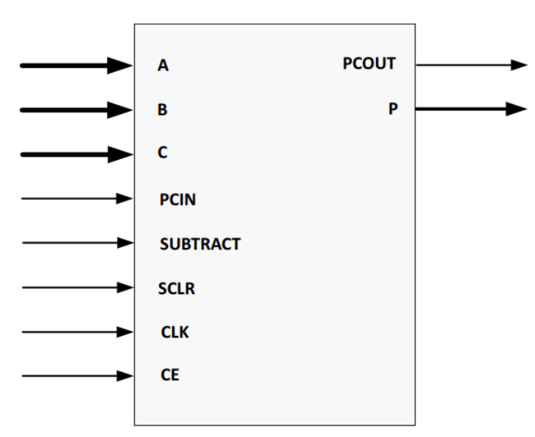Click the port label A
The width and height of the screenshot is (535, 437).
point(163,66)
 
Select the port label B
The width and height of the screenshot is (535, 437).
point(163,110)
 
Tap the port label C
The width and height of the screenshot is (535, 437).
point(163,154)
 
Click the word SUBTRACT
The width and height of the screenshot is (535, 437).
point(199,244)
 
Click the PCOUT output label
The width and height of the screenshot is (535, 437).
point(369,64)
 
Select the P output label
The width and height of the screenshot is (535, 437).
point(392,109)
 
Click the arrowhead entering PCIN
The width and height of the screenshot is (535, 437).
point(125,199)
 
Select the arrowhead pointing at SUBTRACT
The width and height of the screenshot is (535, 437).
point(125,244)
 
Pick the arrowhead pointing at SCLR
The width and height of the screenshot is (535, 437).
point(125,289)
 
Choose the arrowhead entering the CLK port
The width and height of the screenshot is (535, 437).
point(125,333)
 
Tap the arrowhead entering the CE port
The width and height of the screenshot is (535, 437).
point(125,377)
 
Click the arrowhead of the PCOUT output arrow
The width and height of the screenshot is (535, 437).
point(518,65)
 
